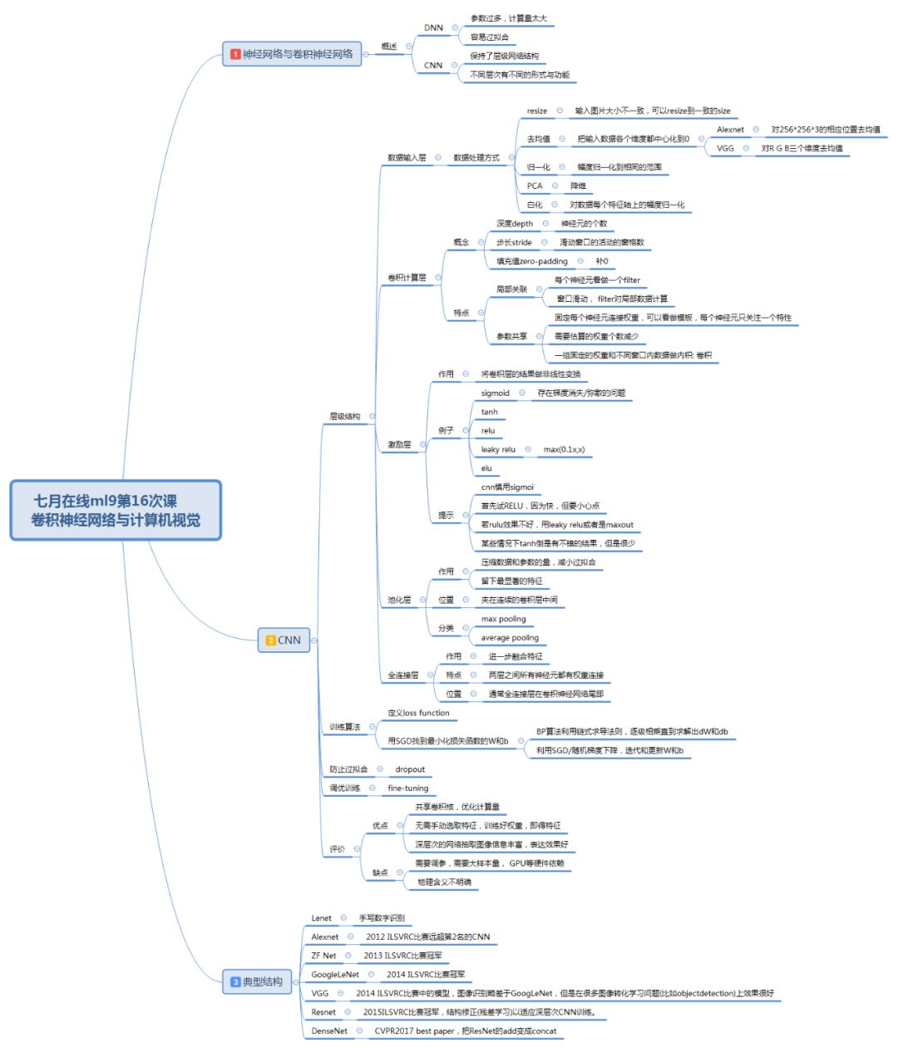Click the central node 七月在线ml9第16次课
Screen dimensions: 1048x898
coord(116,510)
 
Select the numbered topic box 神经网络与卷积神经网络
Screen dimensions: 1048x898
coord(292,54)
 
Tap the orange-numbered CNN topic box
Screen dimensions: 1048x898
coord(284,640)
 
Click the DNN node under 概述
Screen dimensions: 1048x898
coord(433,27)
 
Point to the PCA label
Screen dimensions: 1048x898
coord(534,185)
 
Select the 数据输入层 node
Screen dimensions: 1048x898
coord(407,157)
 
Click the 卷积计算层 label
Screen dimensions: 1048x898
coord(407,277)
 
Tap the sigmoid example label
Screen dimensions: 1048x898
coord(495,393)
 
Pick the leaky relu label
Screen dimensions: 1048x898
coord(498,449)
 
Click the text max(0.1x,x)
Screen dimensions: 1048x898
coord(564,449)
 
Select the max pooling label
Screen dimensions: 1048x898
coord(503,619)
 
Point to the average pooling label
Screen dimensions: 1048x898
coord(510,638)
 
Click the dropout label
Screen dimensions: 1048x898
coord(410,769)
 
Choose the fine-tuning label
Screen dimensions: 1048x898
coord(408,788)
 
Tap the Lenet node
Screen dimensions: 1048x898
coord(321,917)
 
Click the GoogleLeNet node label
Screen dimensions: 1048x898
coord(335,974)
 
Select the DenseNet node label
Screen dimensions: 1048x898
coord(329,1031)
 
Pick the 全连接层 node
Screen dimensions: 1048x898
coord(403,675)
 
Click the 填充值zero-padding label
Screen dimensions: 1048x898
coord(532,261)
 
